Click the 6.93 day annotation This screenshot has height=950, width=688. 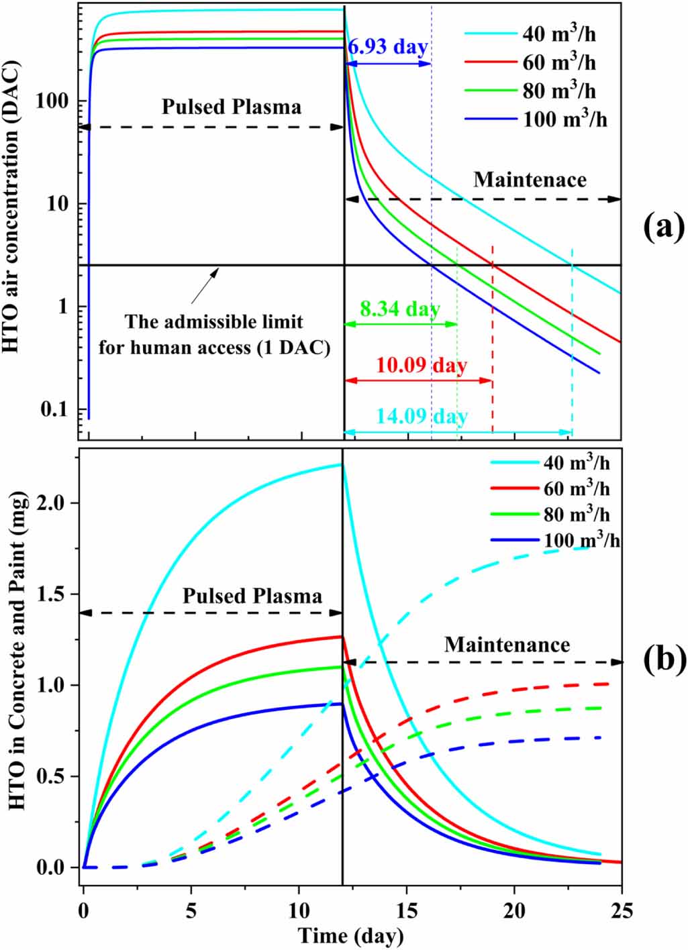(x=387, y=47)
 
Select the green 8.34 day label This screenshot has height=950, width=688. (x=400, y=309)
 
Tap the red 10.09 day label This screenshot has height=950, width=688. (x=422, y=366)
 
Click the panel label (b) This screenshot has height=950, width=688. (x=662, y=659)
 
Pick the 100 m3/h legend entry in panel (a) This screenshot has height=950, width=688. (x=567, y=119)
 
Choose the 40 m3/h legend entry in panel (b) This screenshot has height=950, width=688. (x=577, y=463)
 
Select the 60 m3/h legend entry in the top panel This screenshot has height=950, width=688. (x=559, y=62)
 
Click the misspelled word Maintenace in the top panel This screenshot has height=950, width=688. (x=530, y=180)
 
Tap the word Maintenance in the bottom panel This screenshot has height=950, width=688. (x=507, y=645)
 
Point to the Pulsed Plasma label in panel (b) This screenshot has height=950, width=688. (x=252, y=596)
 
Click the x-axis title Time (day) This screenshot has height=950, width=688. (x=350, y=935)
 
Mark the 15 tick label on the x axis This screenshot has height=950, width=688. (x=407, y=913)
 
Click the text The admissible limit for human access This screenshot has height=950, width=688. (x=214, y=335)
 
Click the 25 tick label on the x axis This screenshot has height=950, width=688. (x=622, y=913)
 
